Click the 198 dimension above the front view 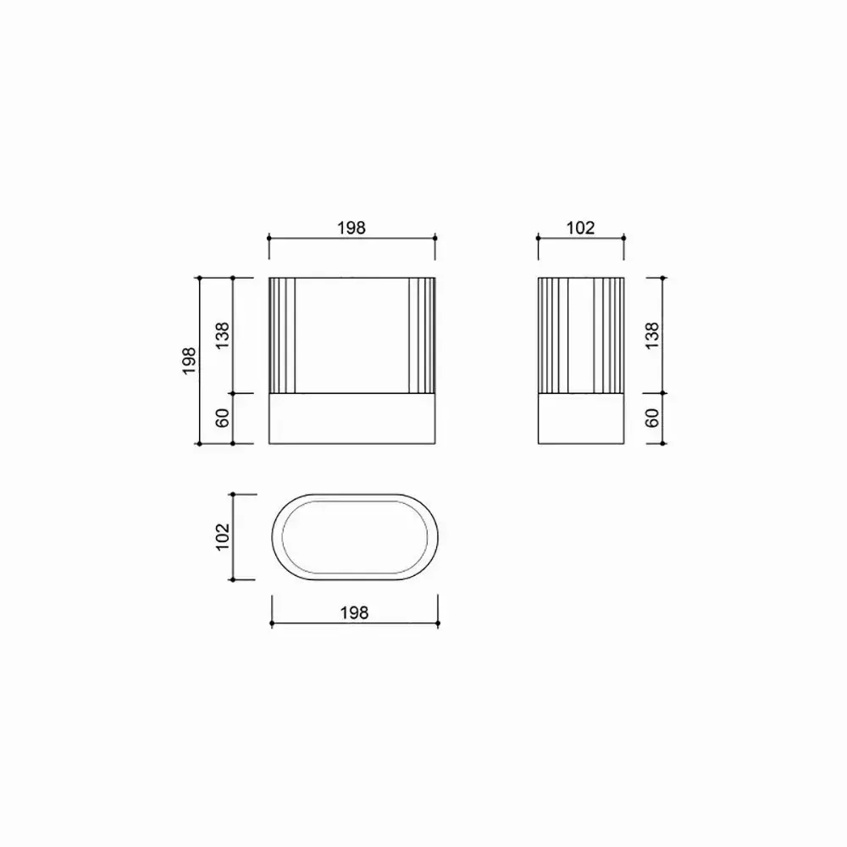pyautogui.click(x=352, y=227)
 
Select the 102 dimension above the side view pyautogui.click(x=581, y=227)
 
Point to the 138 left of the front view pyautogui.click(x=223, y=335)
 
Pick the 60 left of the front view pyautogui.click(x=223, y=418)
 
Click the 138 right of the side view pyautogui.click(x=652, y=335)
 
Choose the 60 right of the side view pyautogui.click(x=652, y=418)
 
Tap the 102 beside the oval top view pyautogui.click(x=223, y=536)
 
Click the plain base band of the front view pyautogui.click(x=352, y=418)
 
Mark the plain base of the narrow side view pyautogui.click(x=581, y=418)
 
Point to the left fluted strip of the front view pyautogui.click(x=282, y=335)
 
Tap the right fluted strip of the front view pyautogui.click(x=421, y=335)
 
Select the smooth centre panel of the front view pyautogui.click(x=352, y=335)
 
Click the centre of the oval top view pyautogui.click(x=354, y=537)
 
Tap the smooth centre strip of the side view pyautogui.click(x=581, y=335)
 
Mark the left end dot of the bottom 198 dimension pyautogui.click(x=271, y=623)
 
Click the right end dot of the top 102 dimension pyautogui.click(x=624, y=239)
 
